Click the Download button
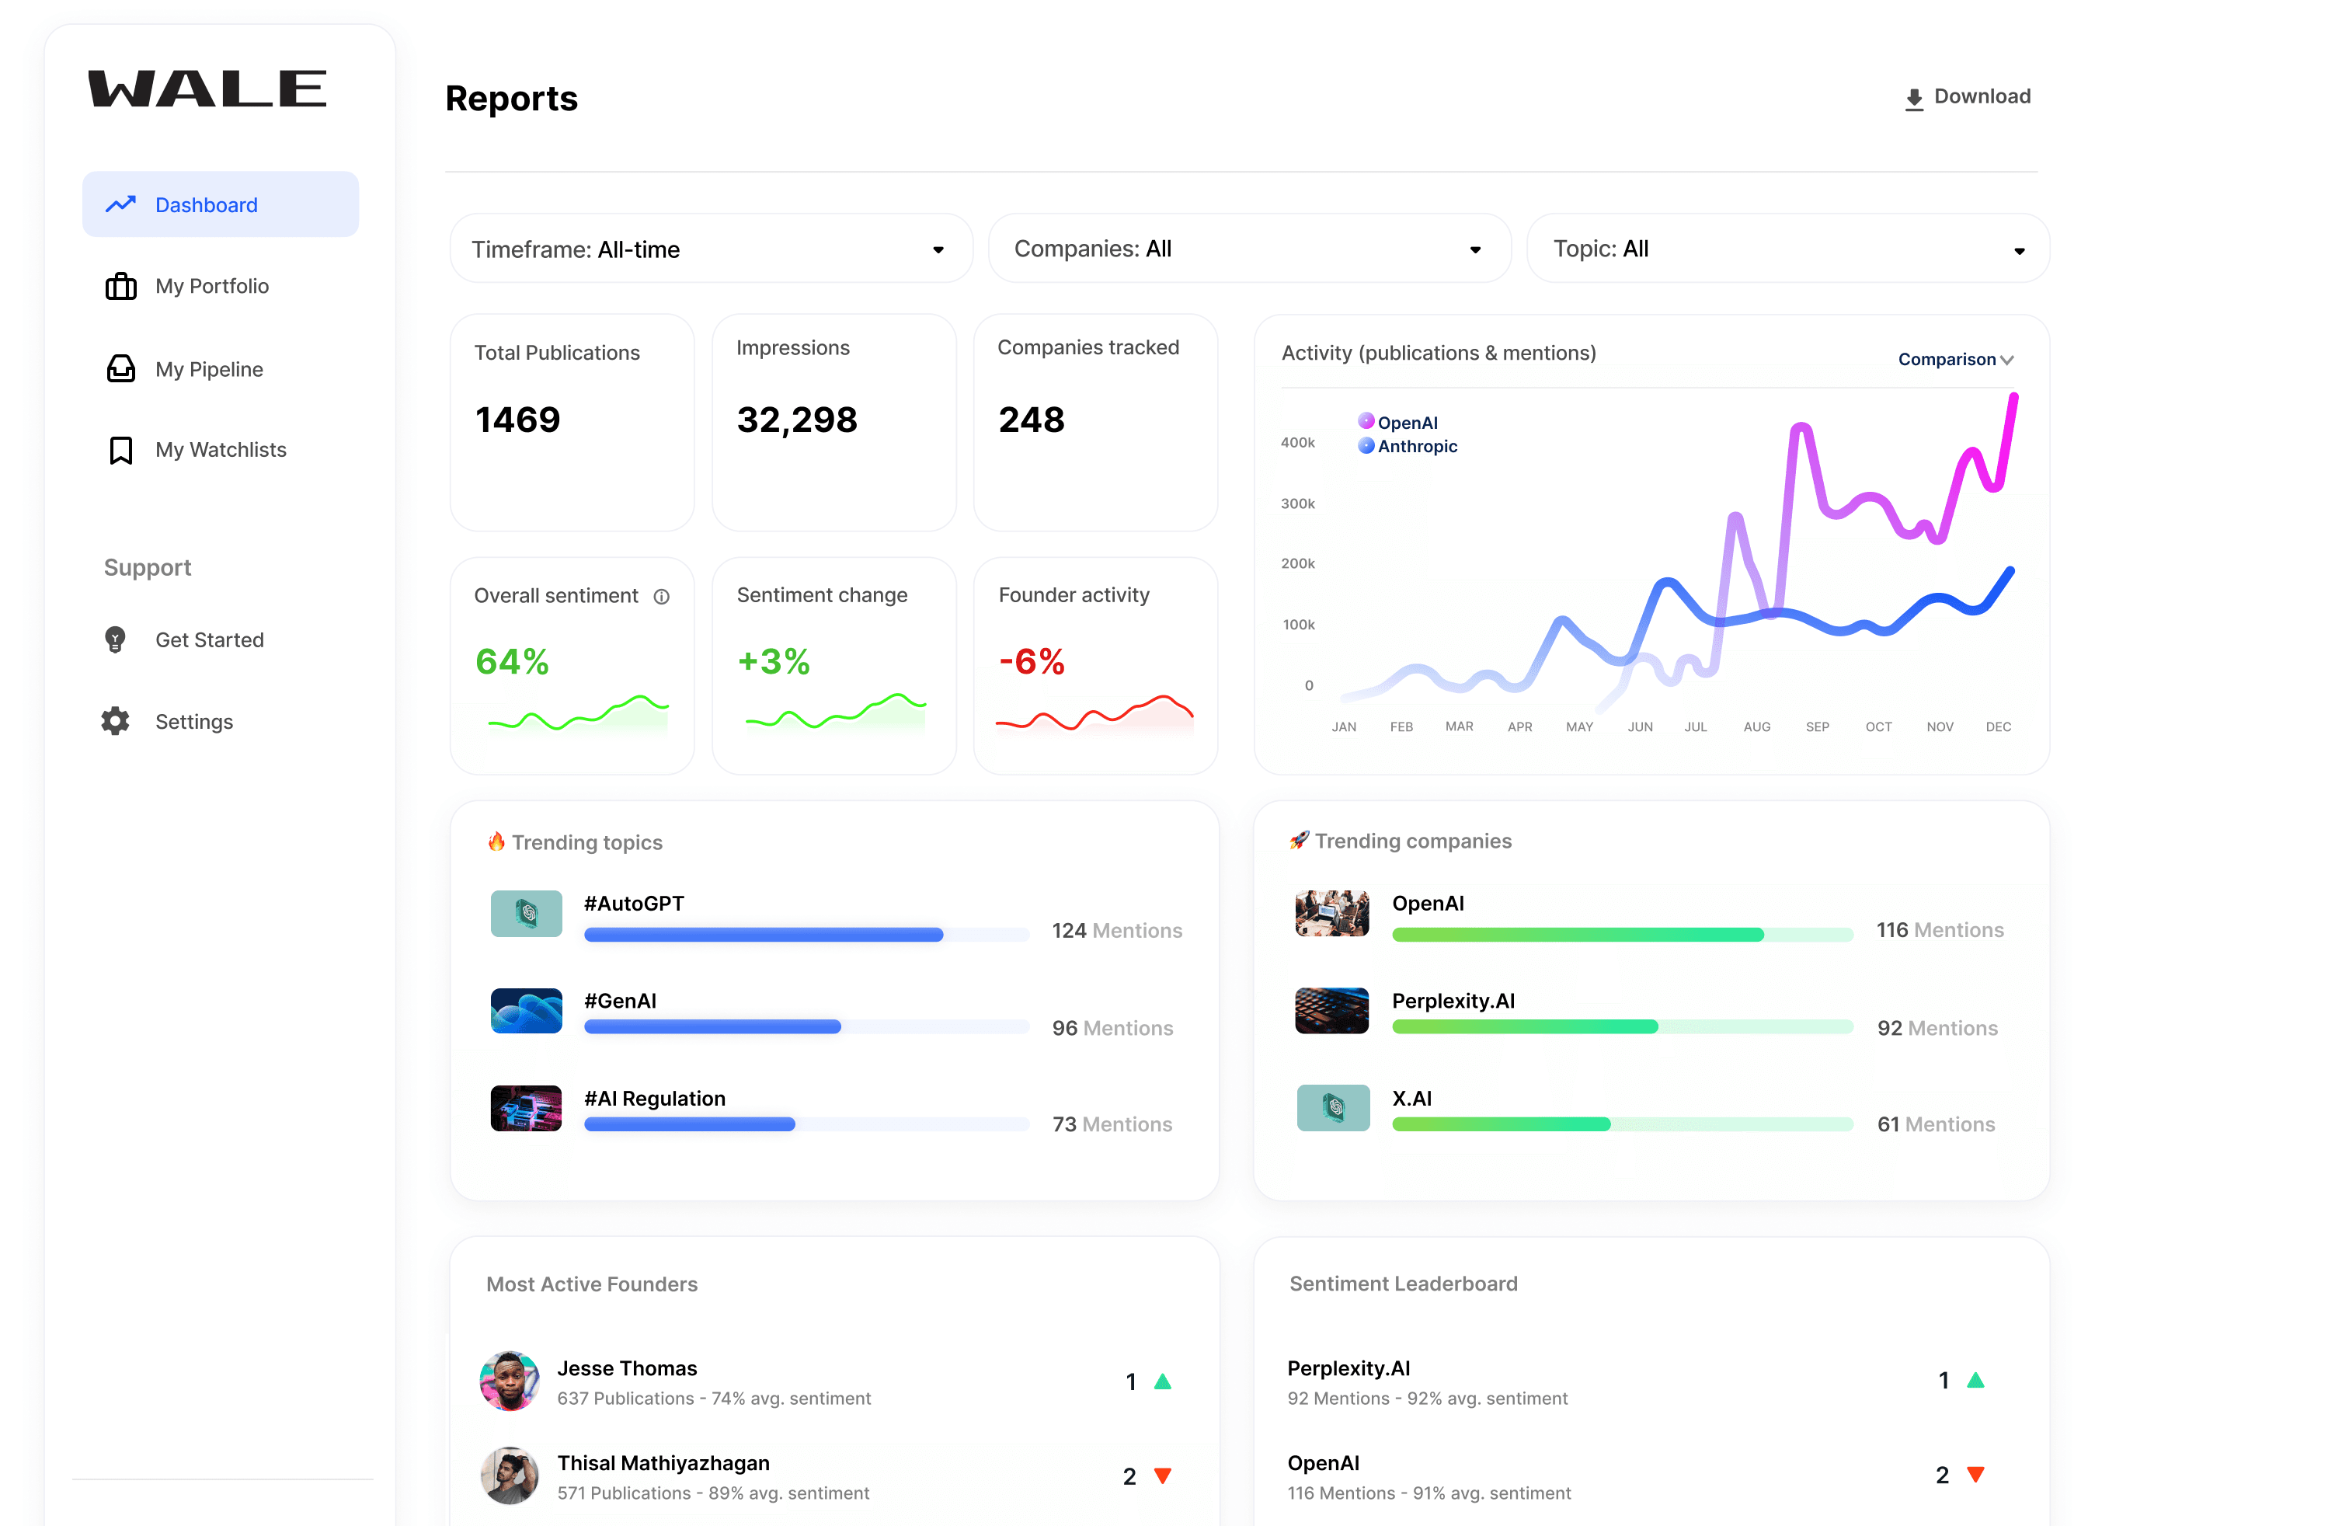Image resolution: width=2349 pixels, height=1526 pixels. [x=1967, y=96]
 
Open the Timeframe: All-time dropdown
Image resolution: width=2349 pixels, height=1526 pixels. [x=711, y=249]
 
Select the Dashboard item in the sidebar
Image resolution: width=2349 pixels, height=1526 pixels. [x=220, y=204]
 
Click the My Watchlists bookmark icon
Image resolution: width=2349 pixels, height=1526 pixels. [x=120, y=450]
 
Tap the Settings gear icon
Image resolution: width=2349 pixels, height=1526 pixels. [x=116, y=722]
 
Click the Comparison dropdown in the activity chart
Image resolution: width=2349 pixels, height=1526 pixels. [x=1955, y=359]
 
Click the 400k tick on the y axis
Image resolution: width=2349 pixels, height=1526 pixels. [x=1298, y=442]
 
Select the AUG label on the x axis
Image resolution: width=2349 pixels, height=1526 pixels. [x=1757, y=726]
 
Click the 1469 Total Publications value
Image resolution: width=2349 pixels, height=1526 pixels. [x=518, y=420]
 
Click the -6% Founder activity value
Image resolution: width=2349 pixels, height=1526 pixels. [x=1032, y=661]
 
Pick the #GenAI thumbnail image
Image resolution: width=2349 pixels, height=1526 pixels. [x=526, y=1011]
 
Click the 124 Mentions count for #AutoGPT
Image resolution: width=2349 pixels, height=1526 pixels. [x=1116, y=931]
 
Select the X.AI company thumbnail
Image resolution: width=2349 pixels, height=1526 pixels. [x=1332, y=1107]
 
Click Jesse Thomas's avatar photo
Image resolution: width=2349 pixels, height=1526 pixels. [x=510, y=1381]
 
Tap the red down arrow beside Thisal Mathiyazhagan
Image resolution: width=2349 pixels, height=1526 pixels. [x=1163, y=1475]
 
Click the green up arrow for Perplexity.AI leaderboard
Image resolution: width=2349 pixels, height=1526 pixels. [x=1975, y=1380]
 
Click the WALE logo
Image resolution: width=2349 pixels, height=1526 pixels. [x=207, y=89]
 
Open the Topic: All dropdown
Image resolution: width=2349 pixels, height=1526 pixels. [x=1787, y=249]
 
